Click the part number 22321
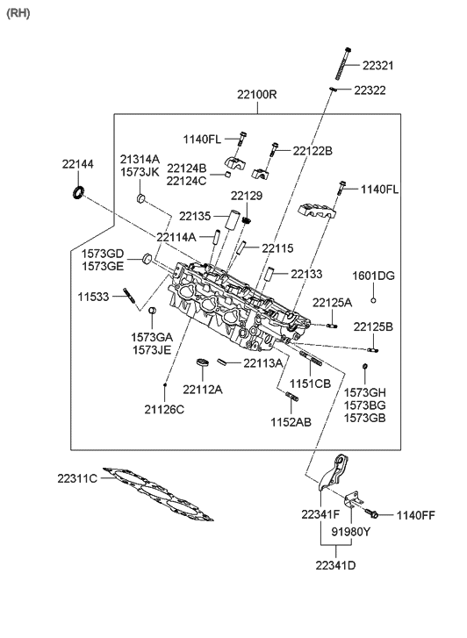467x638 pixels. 379,65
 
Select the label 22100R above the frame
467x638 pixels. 256,94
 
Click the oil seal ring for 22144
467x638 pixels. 78,192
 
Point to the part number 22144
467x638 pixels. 78,164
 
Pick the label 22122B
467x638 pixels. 313,151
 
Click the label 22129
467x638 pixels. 247,195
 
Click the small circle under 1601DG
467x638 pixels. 373,300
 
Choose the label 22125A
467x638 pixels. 333,303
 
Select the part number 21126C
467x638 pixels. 164,409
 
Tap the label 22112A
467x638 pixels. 203,389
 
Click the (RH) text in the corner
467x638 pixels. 18,14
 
